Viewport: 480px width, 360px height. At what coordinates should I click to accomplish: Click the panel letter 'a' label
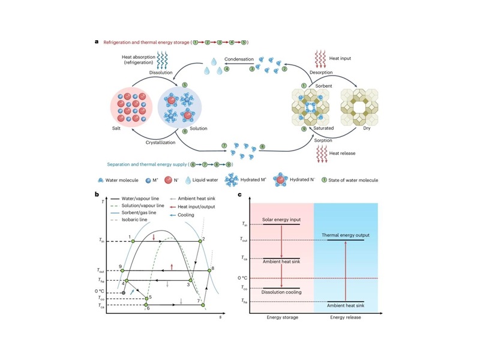[x=96, y=42]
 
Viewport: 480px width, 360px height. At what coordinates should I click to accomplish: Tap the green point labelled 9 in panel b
[x=123, y=271]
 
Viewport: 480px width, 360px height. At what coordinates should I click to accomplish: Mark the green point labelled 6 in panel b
[x=146, y=305]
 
